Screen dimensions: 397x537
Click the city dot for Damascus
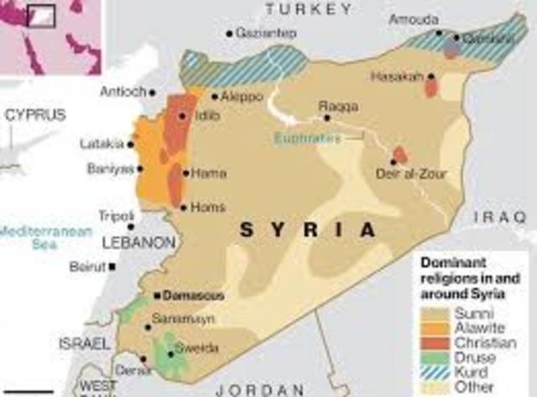pos(157,296)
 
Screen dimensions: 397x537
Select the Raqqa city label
pos(338,107)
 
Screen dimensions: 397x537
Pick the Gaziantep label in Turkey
pos(266,33)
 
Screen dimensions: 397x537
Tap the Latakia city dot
pos(130,144)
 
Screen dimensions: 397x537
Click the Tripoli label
pos(117,215)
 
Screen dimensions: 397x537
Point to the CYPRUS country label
pos(35,115)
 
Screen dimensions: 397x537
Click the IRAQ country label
pos(499,217)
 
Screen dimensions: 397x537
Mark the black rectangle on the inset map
pos(41,14)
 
